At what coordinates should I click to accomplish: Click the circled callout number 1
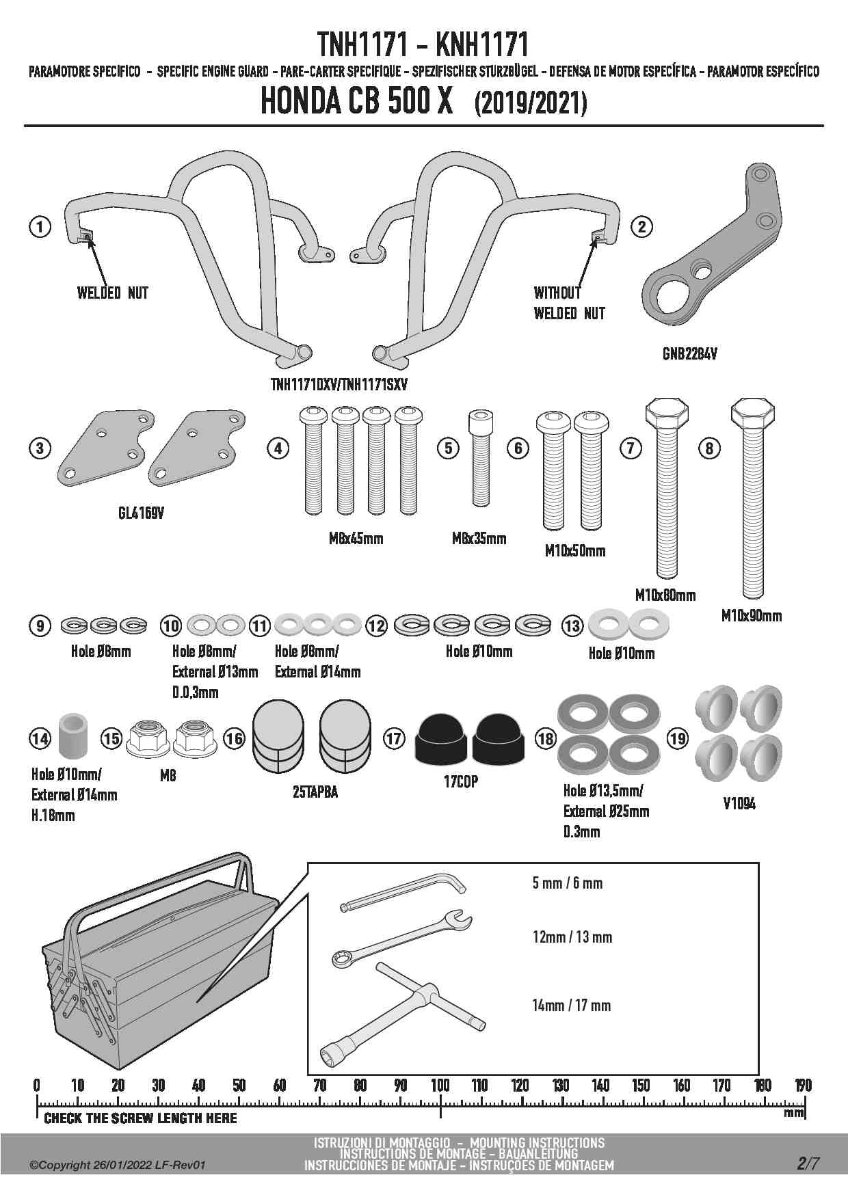[x=40, y=226]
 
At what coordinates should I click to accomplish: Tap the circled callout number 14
[x=40, y=738]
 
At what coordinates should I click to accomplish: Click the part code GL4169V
[x=140, y=513]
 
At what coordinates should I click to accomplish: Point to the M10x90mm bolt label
[x=751, y=616]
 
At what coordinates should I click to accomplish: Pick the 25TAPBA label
[x=315, y=792]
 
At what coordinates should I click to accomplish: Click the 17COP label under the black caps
[x=460, y=782]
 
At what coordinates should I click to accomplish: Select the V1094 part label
[x=739, y=804]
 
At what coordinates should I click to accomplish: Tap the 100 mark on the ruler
[x=440, y=1085]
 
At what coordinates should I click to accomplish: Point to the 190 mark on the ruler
[x=803, y=1085]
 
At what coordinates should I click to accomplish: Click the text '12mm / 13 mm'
[x=572, y=937]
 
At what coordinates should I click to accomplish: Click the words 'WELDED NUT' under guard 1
[x=112, y=293]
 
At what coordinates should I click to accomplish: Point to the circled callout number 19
[x=677, y=738]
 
